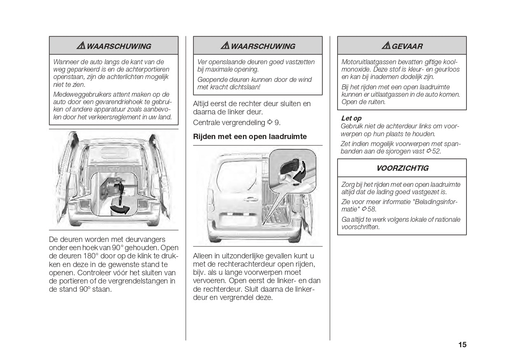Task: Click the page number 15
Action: pyautogui.click(x=462, y=345)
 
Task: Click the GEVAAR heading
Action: pyautogui.click(x=407, y=46)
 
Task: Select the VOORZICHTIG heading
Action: pyautogui.click(x=402, y=168)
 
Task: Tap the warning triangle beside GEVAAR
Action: pyautogui.click(x=386, y=46)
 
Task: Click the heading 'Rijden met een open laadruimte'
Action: pyautogui.click(x=250, y=137)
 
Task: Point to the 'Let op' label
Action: pyautogui.click(x=351, y=118)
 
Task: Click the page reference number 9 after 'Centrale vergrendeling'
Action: pyautogui.click(x=277, y=123)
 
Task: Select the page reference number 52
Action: pyautogui.click(x=436, y=151)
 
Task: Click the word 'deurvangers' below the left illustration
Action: pyautogui.click(x=141, y=239)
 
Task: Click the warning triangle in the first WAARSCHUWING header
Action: pyautogui.click(x=81, y=46)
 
